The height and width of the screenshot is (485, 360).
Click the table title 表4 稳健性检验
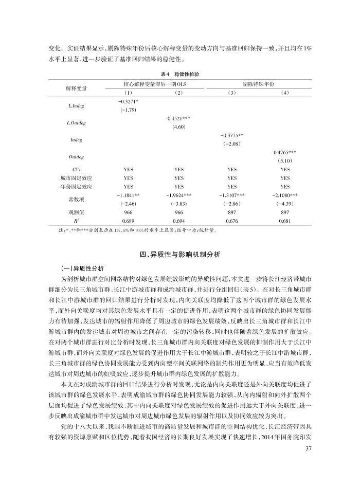[x=179, y=74]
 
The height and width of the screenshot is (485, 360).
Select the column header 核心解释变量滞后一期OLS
[x=154, y=83]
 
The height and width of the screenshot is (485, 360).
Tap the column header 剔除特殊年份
[x=259, y=83]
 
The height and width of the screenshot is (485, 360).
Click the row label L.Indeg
[x=76, y=105]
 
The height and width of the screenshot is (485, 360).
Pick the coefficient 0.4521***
[x=179, y=118]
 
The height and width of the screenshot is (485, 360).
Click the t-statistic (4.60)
[x=179, y=127]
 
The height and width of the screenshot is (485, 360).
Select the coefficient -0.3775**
[x=232, y=135]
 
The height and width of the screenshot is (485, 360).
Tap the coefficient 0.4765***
[x=285, y=152]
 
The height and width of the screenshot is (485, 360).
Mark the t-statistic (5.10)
[x=285, y=160]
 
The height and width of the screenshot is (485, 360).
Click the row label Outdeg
[x=76, y=156]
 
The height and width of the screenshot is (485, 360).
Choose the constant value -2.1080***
[x=285, y=195]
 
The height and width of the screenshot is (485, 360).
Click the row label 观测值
[x=76, y=212]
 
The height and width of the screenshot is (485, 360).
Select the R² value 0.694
[x=179, y=221]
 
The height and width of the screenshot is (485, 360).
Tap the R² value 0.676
[x=232, y=221]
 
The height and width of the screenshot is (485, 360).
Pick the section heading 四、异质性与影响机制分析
[x=179, y=254]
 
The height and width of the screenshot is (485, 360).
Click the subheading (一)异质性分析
[x=82, y=268]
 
